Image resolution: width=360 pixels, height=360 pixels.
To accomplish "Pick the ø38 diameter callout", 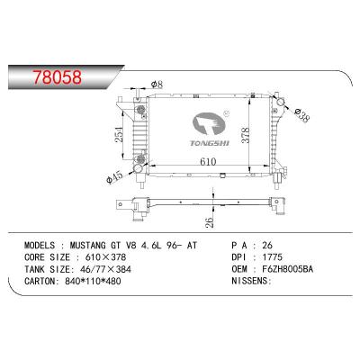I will click(304, 115).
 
